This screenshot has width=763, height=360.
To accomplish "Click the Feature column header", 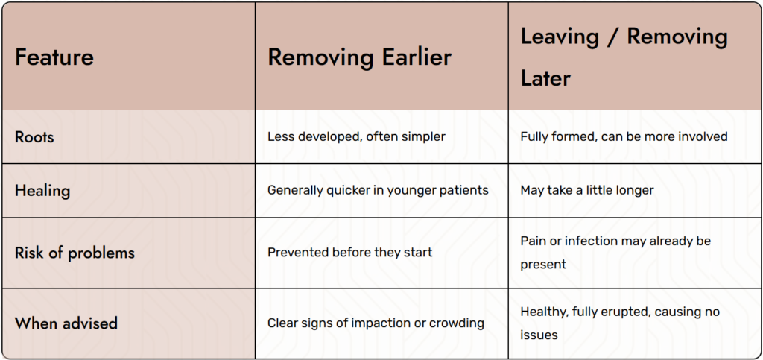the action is pyautogui.click(x=54, y=57).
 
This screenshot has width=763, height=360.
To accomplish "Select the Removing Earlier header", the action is pyautogui.click(x=360, y=57).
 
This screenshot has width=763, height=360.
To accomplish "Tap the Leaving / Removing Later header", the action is pyautogui.click(x=624, y=57).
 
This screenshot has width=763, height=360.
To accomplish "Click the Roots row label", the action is pyautogui.click(x=34, y=136).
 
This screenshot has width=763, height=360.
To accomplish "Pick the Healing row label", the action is pyautogui.click(x=42, y=190).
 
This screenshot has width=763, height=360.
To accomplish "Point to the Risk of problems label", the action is pyautogui.click(x=75, y=253).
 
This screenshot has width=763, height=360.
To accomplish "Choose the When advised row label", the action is pyautogui.click(x=66, y=323).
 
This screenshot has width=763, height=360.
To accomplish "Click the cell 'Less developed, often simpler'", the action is pyautogui.click(x=356, y=136).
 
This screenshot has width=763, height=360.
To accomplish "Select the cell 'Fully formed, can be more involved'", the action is pyautogui.click(x=624, y=136).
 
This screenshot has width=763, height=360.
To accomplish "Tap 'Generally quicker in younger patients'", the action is pyautogui.click(x=378, y=190).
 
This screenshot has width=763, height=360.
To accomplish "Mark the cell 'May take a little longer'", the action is pyautogui.click(x=587, y=190).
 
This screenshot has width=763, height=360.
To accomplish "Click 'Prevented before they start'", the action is pyautogui.click(x=350, y=253).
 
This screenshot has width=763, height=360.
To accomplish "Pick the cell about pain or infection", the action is pyautogui.click(x=615, y=253).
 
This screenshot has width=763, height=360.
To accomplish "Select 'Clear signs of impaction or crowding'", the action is pyautogui.click(x=376, y=323).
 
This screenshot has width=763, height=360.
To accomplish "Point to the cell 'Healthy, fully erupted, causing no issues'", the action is pyautogui.click(x=620, y=323).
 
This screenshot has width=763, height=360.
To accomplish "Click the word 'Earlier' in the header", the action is pyautogui.click(x=413, y=57).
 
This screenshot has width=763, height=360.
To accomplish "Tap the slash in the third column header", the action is pyautogui.click(x=612, y=37).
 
